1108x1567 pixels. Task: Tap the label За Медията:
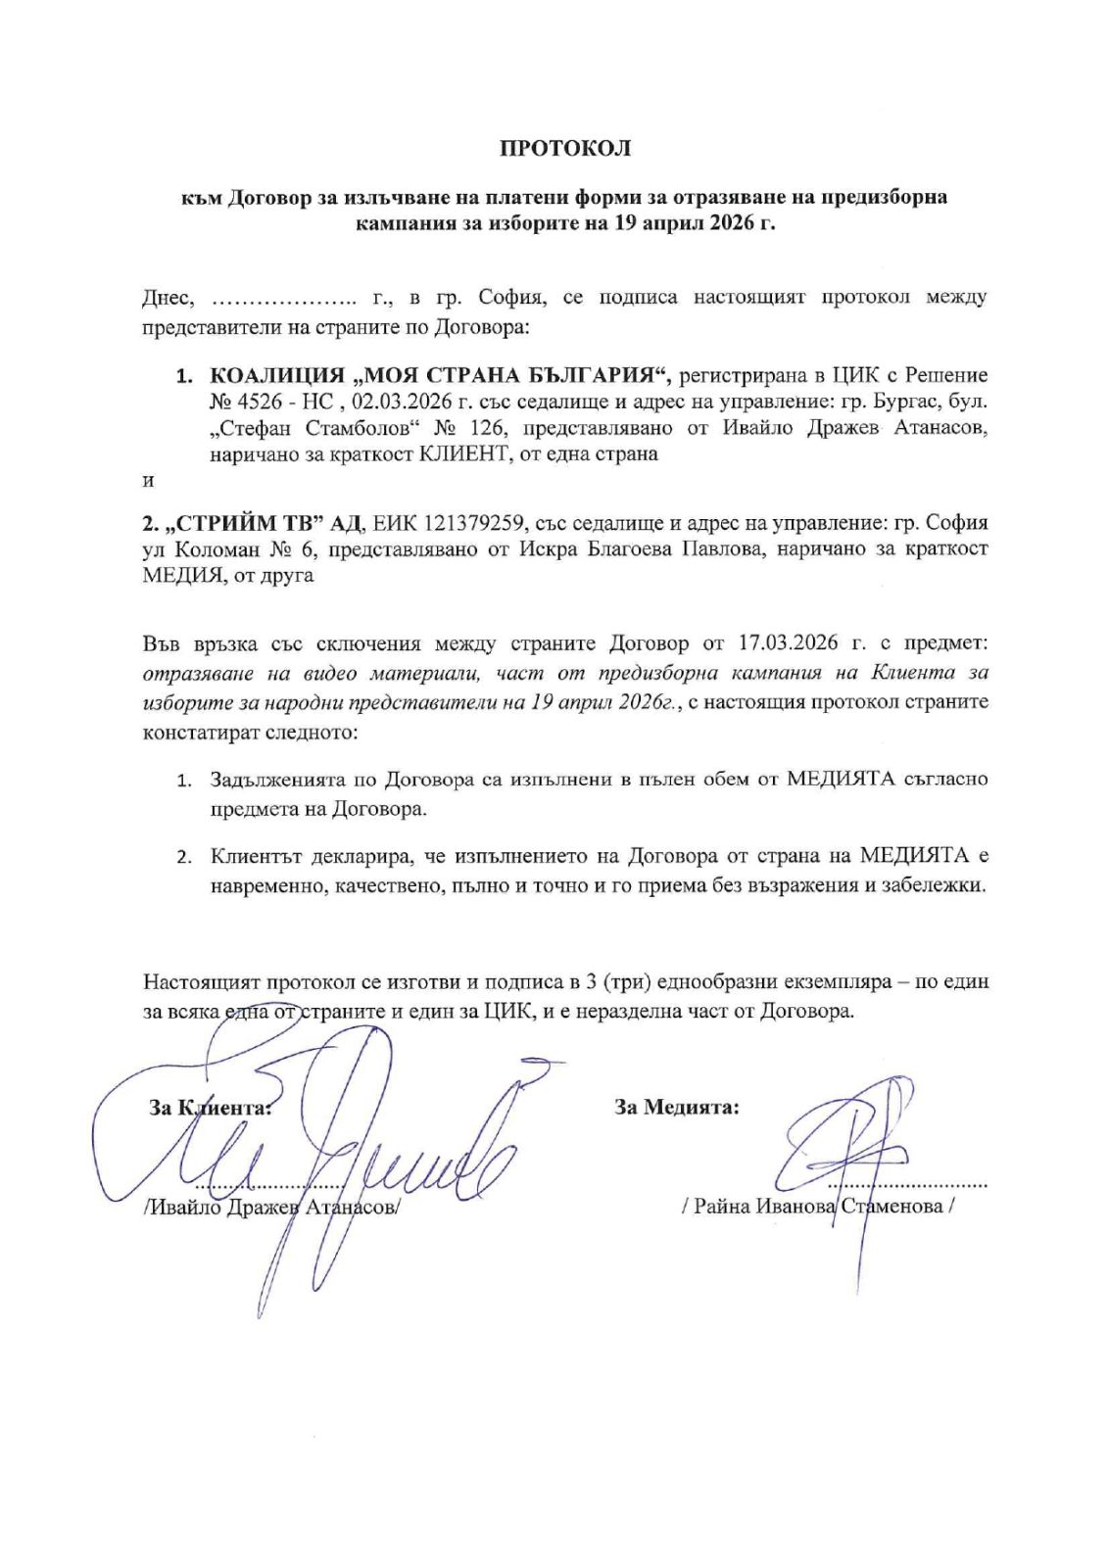[x=677, y=1108]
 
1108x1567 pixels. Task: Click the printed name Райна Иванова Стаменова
[x=817, y=1206]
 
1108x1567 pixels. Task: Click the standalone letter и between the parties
[x=148, y=482]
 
